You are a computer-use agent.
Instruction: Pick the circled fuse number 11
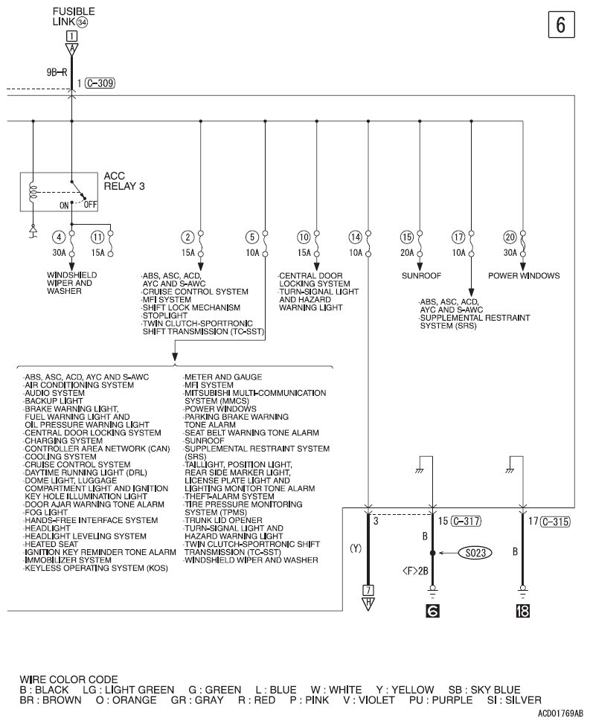click(x=97, y=237)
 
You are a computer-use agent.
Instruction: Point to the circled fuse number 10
click(x=303, y=237)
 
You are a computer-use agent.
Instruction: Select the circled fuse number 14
click(x=355, y=237)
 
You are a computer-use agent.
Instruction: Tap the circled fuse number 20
click(x=510, y=237)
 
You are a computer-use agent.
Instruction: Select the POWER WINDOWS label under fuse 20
click(x=524, y=275)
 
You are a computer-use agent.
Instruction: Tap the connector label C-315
click(x=555, y=521)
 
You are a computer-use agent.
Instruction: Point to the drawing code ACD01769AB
click(x=558, y=713)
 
